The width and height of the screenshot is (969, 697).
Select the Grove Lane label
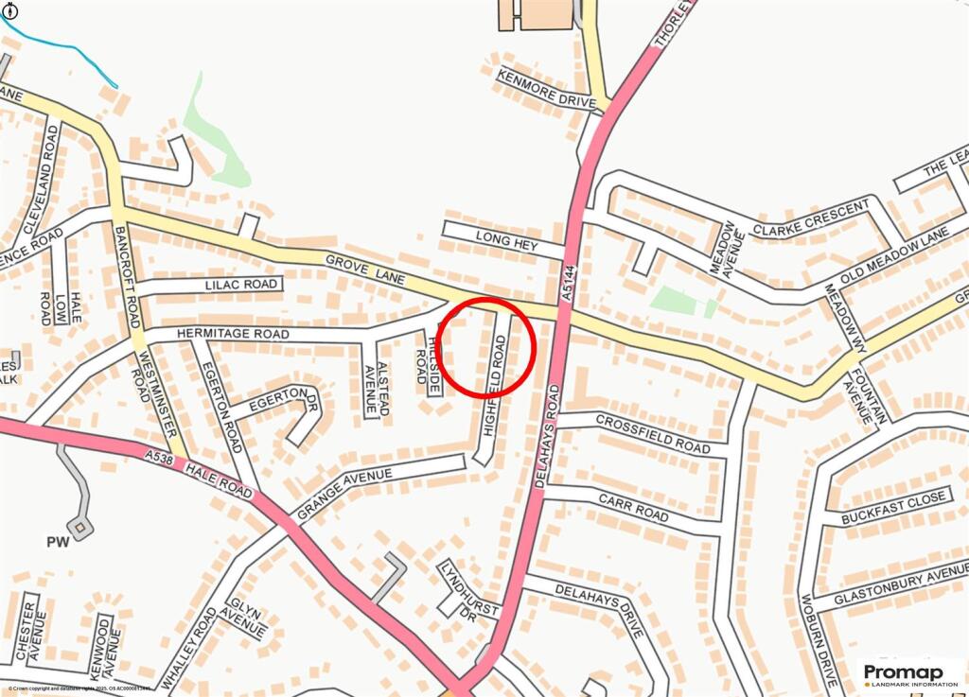pyautogui.click(x=365, y=270)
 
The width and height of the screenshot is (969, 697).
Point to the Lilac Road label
pyautogui.click(x=241, y=284)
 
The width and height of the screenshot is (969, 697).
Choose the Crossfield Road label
pyautogui.click(x=653, y=431)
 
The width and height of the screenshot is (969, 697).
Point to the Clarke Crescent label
pyautogui.click(x=812, y=218)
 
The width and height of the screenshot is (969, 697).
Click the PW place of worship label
pyautogui.click(x=58, y=543)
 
